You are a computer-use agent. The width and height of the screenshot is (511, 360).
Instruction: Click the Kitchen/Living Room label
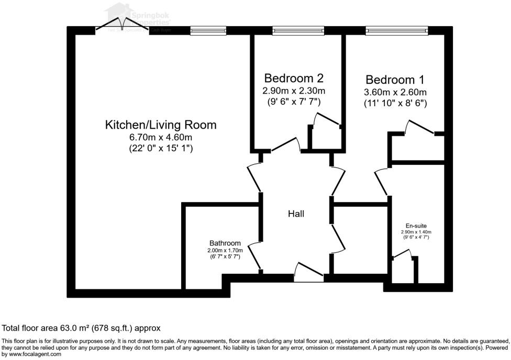tap(161, 125)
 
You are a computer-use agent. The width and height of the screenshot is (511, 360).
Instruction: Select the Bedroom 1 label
tap(395, 80)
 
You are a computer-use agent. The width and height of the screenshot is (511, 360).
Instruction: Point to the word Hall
tap(296, 214)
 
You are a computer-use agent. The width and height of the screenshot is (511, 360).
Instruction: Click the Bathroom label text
tap(225, 243)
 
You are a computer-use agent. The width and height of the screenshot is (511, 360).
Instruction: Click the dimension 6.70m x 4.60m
tap(161, 138)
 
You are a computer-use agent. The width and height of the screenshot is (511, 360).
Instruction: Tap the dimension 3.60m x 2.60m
tap(395, 93)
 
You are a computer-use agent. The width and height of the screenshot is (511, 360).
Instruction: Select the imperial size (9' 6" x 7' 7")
tap(293, 101)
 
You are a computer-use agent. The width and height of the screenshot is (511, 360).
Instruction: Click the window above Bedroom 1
tap(396, 31)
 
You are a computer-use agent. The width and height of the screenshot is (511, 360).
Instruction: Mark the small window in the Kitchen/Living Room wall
tap(208, 31)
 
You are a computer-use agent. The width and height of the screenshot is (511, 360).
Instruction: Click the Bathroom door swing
tap(254, 256)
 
